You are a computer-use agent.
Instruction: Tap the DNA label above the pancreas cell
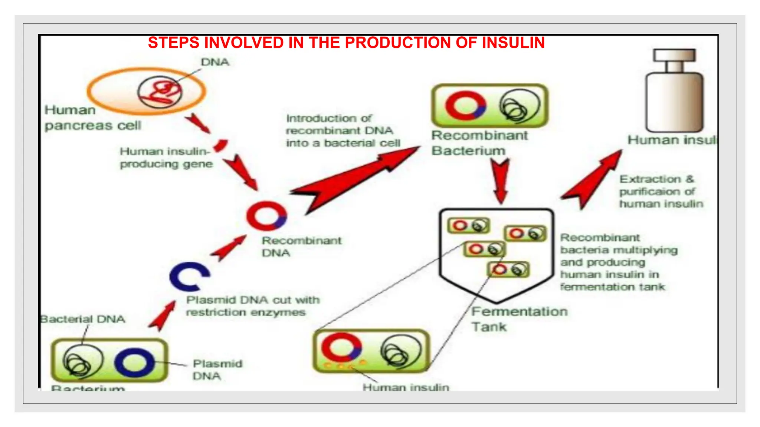tap(215, 62)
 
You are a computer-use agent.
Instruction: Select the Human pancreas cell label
tap(93, 118)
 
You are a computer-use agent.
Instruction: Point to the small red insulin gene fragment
tap(221, 145)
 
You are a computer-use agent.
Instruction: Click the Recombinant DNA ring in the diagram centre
tap(266, 215)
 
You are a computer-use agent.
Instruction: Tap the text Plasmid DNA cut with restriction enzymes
tap(252, 306)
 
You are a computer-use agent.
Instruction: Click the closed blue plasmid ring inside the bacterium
tap(135, 362)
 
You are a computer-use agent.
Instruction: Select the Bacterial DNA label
tap(83, 319)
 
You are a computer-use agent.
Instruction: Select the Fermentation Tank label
tap(519, 319)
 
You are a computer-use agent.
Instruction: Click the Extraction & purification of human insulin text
tap(661, 191)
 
